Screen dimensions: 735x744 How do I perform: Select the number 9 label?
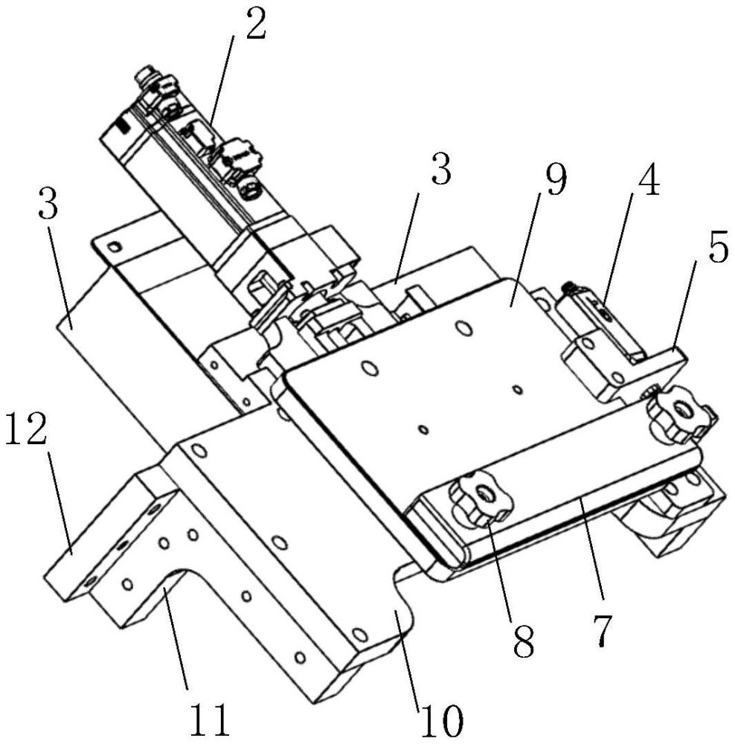(x=555, y=182)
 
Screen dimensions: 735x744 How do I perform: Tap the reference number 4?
(x=649, y=182)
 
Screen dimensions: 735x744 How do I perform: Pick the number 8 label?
(x=524, y=641)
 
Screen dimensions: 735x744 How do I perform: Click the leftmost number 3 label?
(x=48, y=203)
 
